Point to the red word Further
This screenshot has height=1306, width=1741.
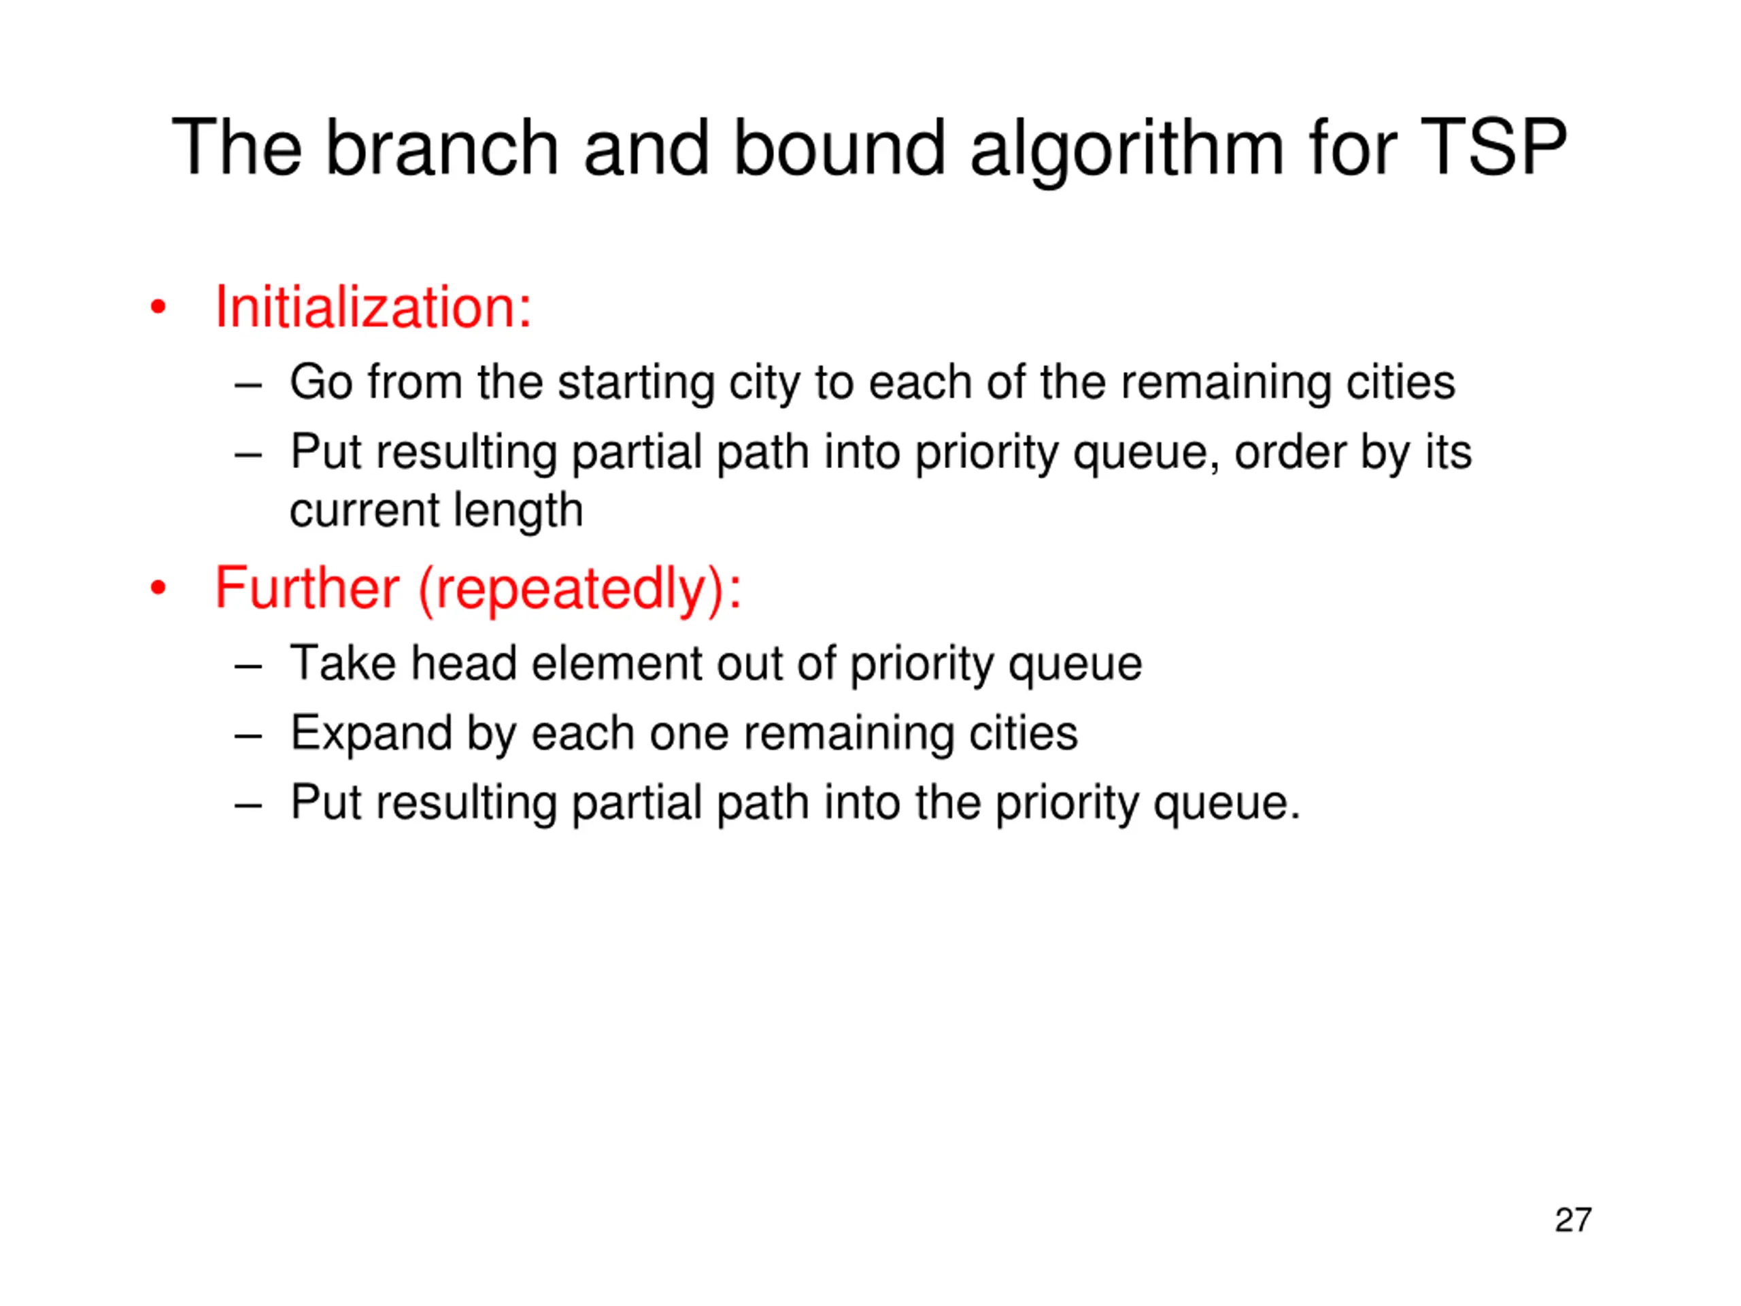[307, 588]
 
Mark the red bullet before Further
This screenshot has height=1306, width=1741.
[158, 589]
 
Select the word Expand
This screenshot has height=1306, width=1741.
[371, 735]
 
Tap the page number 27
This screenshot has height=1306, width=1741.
[1572, 1220]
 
